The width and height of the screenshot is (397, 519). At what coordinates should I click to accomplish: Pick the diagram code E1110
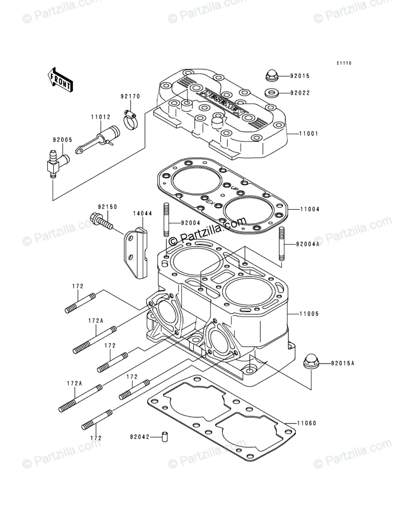[x=343, y=63]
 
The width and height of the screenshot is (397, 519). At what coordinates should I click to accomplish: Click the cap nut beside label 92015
[x=271, y=76]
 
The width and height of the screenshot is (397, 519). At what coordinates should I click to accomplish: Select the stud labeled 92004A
[x=281, y=244]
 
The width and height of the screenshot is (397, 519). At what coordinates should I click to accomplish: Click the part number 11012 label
[x=101, y=118]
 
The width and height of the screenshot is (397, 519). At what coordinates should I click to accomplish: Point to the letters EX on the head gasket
[x=210, y=202]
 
